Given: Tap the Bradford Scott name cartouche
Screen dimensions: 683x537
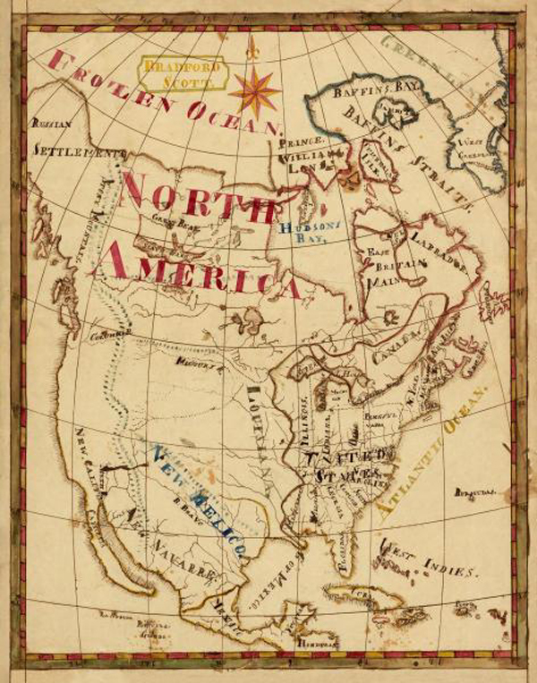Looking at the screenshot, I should [x=177, y=73].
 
